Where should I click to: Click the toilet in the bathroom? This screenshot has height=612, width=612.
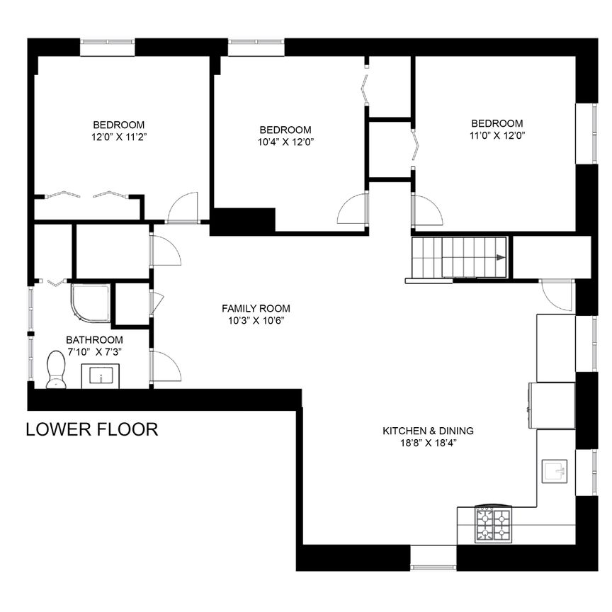[x=55, y=370]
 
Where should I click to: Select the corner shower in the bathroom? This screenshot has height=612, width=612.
[x=90, y=303]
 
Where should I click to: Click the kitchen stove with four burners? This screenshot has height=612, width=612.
[x=493, y=523]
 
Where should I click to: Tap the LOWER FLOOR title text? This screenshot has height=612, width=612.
[x=91, y=429]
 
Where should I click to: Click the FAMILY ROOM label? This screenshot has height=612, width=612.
[x=256, y=308]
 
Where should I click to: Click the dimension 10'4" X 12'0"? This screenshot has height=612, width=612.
[x=285, y=142]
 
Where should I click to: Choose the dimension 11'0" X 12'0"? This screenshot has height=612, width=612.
[x=497, y=135]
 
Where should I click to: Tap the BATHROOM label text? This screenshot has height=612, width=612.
[x=94, y=339]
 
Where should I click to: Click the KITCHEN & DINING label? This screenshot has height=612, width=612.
[x=428, y=431]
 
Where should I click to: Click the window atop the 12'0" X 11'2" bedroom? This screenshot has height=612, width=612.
[x=107, y=47]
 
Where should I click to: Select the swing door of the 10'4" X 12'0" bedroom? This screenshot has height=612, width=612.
[x=353, y=210]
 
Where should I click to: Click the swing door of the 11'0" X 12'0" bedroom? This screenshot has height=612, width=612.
[x=426, y=210]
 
